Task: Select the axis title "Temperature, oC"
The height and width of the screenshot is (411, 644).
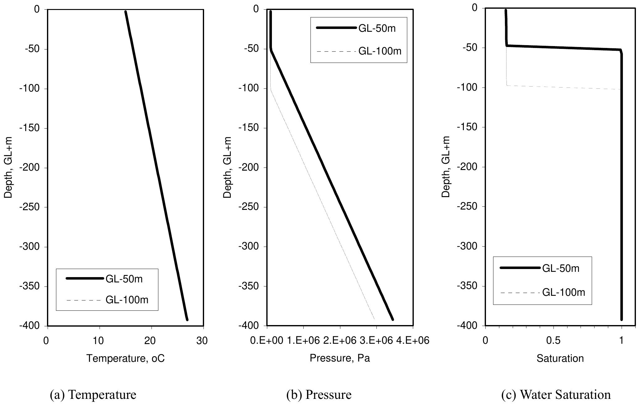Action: [x=125, y=358]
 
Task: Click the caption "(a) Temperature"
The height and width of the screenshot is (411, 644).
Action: [x=93, y=394]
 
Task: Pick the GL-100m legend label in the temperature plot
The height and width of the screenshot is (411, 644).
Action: [x=127, y=300]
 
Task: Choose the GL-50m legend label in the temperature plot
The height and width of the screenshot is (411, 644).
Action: [x=124, y=279]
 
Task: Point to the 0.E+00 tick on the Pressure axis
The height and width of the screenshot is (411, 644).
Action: [x=267, y=341]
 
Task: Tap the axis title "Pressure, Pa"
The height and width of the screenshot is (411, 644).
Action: [x=340, y=358]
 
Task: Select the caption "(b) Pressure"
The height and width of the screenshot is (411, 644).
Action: [x=319, y=394]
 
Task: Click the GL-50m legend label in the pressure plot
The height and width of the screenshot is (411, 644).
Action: [x=377, y=28]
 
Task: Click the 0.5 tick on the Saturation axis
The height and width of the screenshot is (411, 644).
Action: [x=553, y=341]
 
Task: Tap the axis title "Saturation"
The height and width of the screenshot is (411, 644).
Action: [x=560, y=358]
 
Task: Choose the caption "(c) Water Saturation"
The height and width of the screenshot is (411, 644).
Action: [x=556, y=394]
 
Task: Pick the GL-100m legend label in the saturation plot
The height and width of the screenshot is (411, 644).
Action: [x=563, y=292]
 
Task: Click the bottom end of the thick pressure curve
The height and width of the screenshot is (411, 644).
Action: [x=393, y=319]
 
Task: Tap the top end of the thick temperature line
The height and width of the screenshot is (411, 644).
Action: [x=125, y=12]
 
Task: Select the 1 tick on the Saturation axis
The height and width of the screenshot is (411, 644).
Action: [x=621, y=341]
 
